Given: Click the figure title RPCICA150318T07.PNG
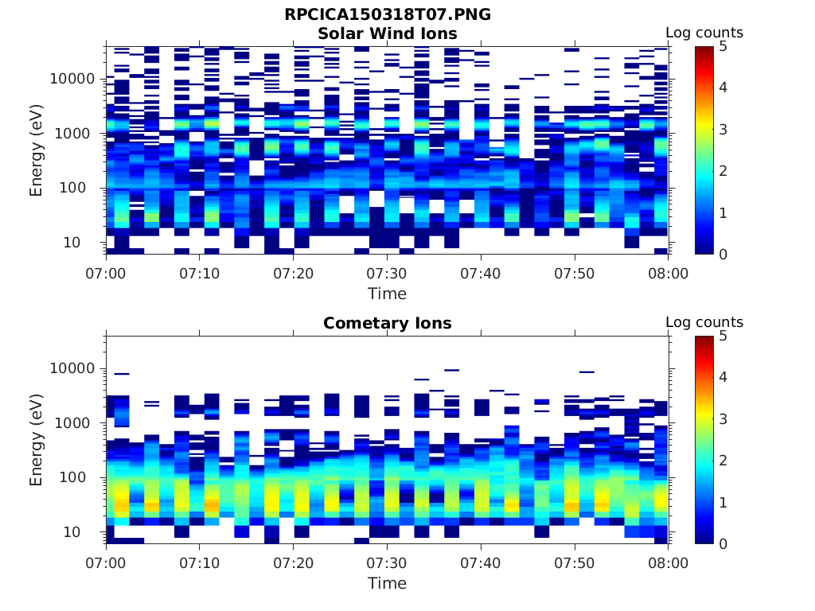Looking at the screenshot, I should click(388, 15).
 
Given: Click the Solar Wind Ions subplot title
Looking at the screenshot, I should click(388, 33).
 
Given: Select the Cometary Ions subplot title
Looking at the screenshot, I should click(388, 323).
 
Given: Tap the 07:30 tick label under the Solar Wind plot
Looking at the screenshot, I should click(387, 274).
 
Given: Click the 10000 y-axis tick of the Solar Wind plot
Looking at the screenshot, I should click(73, 79).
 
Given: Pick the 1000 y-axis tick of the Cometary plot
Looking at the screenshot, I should click(78, 423).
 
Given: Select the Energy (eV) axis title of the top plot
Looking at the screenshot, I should click(37, 150).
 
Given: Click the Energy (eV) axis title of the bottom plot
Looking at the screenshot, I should click(37, 439).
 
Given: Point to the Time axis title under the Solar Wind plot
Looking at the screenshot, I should click(387, 294).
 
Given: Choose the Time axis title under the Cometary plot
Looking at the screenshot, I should click(387, 583).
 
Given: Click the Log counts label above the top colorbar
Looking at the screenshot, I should click(704, 33).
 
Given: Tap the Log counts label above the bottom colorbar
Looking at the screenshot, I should click(704, 322).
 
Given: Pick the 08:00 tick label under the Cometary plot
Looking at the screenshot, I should click(668, 563).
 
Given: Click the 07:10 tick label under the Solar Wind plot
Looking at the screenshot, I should click(200, 274).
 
